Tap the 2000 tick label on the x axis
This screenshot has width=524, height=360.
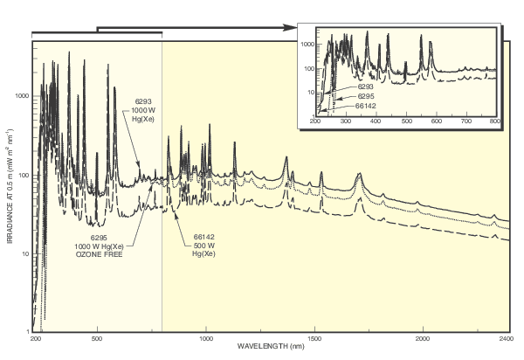click(x=423, y=336)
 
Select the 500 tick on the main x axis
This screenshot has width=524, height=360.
click(x=98, y=336)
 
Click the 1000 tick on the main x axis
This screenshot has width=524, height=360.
click(x=206, y=336)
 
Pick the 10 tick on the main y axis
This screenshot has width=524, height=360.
click(x=25, y=253)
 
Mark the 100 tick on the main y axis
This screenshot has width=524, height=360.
click(x=24, y=175)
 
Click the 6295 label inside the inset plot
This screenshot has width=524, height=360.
click(x=367, y=96)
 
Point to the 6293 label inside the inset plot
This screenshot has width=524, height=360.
click(x=367, y=87)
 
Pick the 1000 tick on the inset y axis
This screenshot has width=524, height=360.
click(x=307, y=43)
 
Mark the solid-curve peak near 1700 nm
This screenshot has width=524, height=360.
click(x=359, y=175)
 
